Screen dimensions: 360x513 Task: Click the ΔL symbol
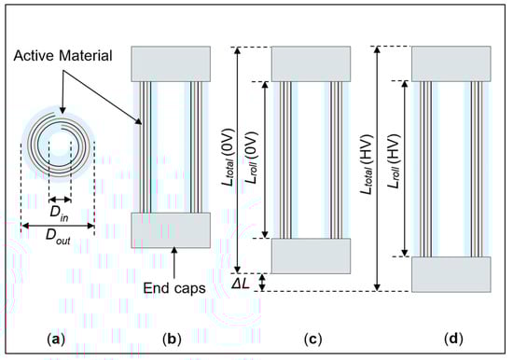pos(243,281)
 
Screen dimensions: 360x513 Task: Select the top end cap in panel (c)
pos(310,62)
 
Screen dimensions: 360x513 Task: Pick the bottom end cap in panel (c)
pos(310,254)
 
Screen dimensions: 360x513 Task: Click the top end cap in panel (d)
pos(451,62)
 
